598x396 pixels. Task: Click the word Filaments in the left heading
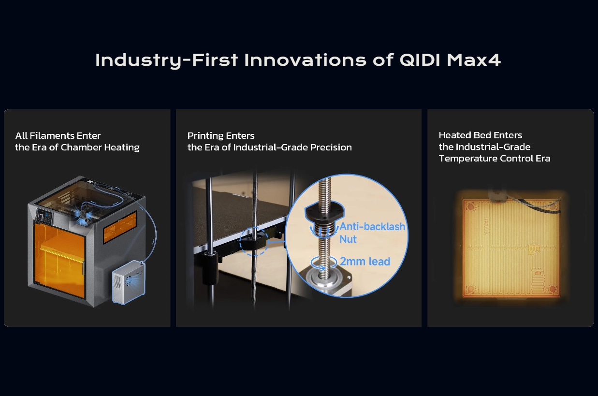(52, 135)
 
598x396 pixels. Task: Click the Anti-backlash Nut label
(372, 233)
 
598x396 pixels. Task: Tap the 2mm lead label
(365, 262)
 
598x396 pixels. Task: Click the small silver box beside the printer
(129, 281)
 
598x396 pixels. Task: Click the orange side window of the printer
(120, 226)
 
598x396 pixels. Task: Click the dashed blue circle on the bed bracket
(254, 241)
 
